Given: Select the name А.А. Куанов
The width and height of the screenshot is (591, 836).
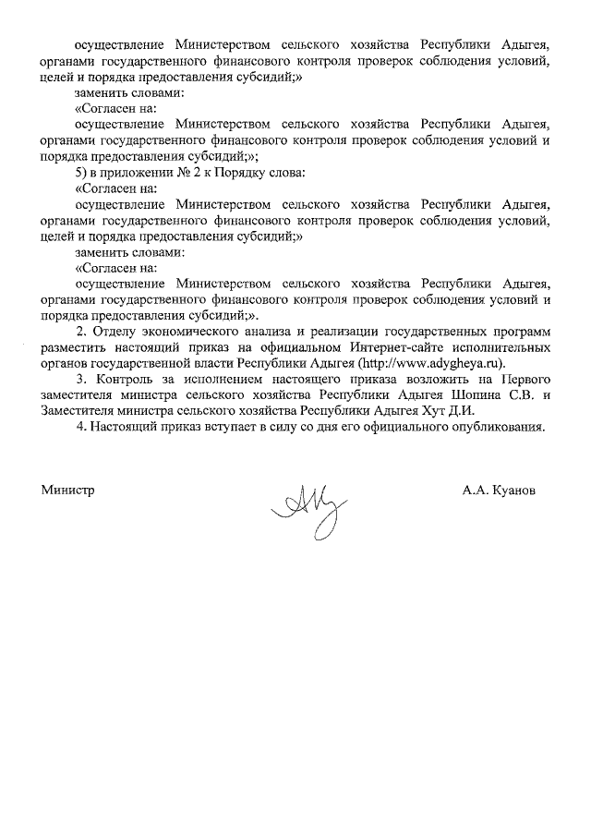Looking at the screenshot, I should point(499,490).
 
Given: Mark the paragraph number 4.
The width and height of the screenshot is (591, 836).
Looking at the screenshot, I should point(80,427).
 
